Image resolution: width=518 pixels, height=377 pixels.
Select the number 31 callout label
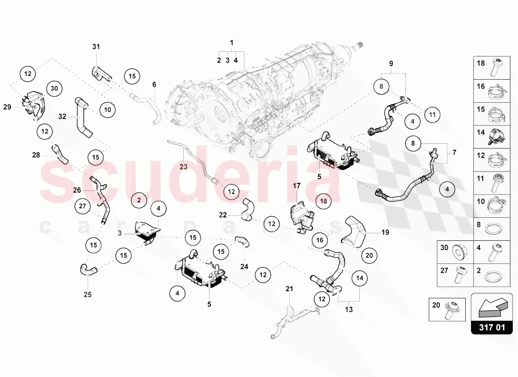pyautogui.click(x=96, y=47)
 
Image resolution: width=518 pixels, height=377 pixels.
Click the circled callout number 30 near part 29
pyautogui.click(x=54, y=88)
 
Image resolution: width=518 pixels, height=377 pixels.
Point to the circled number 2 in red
pyautogui.click(x=139, y=201)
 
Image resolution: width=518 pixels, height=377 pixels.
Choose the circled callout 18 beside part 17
pyautogui.click(x=324, y=201)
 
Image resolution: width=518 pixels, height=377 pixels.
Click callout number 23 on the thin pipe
pyautogui.click(x=183, y=166)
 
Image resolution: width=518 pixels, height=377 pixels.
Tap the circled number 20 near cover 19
pyautogui.click(x=369, y=255)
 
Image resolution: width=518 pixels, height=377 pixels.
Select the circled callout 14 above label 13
pyautogui.click(x=360, y=278)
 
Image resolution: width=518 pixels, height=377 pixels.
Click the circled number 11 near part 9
pyautogui.click(x=432, y=114)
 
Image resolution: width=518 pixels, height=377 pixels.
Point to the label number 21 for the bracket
pyautogui.click(x=289, y=288)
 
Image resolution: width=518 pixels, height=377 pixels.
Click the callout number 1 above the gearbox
pyautogui.click(x=232, y=43)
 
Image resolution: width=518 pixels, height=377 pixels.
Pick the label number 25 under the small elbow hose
pyautogui.click(x=87, y=295)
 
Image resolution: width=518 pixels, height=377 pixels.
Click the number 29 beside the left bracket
pyautogui.click(x=8, y=107)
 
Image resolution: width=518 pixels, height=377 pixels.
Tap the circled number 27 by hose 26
pyautogui.click(x=82, y=206)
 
